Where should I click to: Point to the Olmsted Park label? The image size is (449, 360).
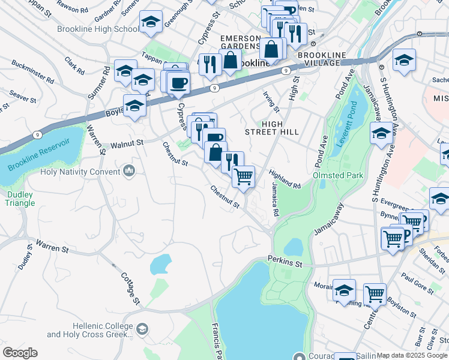[x=338, y=176]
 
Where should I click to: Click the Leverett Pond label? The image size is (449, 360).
[x=360, y=110]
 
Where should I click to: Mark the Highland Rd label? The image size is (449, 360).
[x=285, y=178]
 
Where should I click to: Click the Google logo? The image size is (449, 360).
[x=20, y=353]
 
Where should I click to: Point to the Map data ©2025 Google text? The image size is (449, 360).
[x=412, y=355]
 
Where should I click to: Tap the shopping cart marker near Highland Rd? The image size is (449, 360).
[x=244, y=176]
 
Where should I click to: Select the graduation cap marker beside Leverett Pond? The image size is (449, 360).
[x=382, y=134]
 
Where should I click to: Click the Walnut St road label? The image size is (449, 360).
[x=127, y=143]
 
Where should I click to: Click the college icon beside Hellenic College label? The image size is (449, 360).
[x=142, y=329]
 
